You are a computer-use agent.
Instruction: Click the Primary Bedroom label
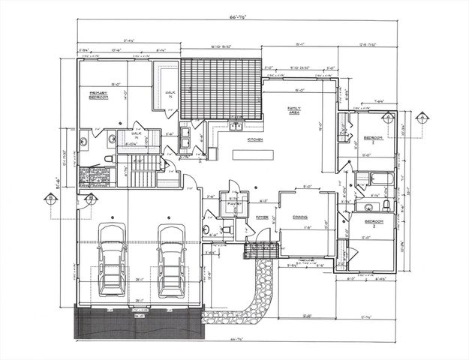99,95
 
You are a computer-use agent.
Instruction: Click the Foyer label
262,217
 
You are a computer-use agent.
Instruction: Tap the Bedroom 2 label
374,139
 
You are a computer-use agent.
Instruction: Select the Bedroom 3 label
374,222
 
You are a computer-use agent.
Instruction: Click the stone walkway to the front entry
259,292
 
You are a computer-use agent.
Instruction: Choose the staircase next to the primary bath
142,172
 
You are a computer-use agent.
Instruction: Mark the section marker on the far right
422,117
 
